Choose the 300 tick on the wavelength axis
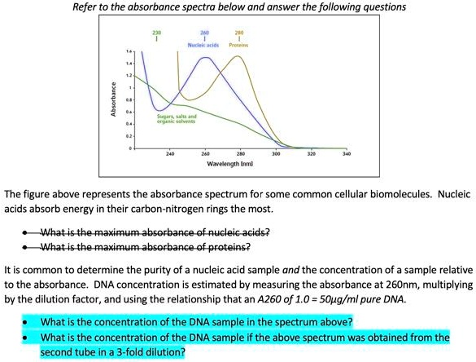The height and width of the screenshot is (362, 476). (276, 153)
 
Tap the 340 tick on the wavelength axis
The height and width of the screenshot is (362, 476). (347, 153)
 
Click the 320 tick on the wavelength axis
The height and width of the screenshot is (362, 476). (312, 153)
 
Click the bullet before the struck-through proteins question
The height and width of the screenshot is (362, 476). (30, 247)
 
